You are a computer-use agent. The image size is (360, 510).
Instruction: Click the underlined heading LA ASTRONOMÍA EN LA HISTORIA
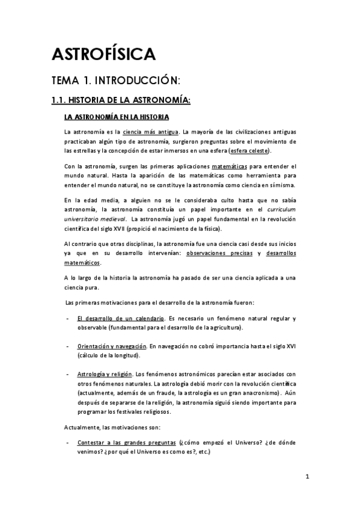coord(117,116)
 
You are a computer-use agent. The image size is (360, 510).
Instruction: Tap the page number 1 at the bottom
coord(307,478)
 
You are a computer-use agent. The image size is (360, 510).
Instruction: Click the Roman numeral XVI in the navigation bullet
coord(290,347)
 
